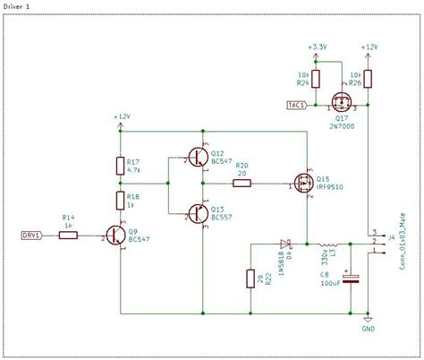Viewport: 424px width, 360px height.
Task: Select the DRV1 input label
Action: tap(31, 236)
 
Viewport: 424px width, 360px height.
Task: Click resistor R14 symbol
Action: tap(68, 236)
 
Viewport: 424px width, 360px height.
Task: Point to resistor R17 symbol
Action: tap(120, 165)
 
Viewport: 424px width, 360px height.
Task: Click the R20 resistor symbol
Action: tap(242, 184)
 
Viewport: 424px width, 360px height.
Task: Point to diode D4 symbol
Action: tap(286, 244)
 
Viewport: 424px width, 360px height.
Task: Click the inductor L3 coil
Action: tap(329, 244)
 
